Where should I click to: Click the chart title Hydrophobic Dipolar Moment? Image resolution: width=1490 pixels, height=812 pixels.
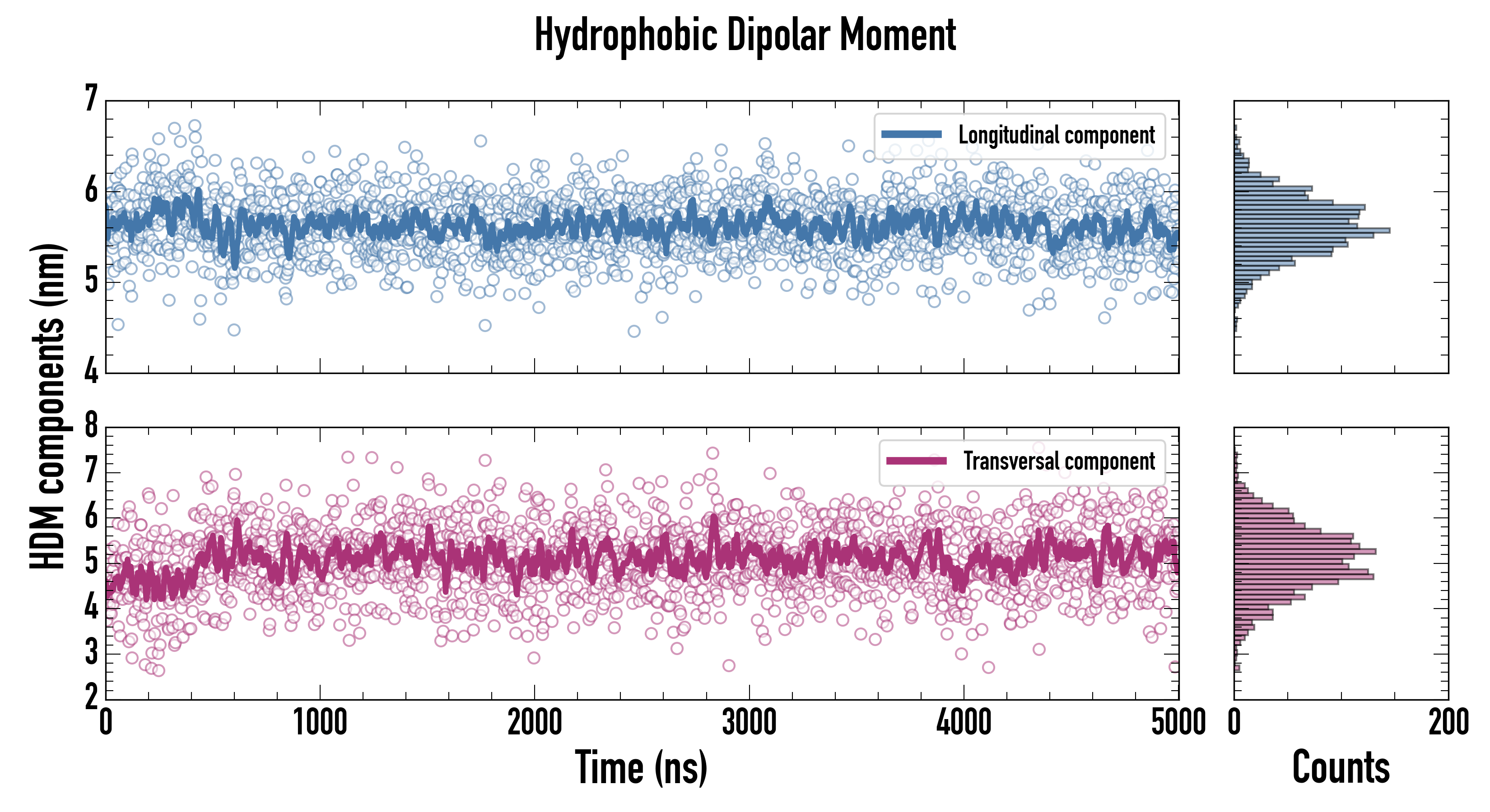(745, 35)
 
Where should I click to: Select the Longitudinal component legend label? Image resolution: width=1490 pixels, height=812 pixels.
(1056, 135)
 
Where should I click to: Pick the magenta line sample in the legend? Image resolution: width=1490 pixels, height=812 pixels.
(916, 461)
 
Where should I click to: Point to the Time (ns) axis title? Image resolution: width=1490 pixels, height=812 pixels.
(641, 767)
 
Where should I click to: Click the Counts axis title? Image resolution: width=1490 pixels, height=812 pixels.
(1341, 767)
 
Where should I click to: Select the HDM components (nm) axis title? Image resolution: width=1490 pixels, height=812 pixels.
(47, 405)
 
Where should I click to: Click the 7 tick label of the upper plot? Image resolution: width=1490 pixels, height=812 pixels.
(91, 98)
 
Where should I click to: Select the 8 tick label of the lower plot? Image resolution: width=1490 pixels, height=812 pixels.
(91, 425)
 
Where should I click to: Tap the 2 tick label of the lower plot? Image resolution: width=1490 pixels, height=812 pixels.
(91, 697)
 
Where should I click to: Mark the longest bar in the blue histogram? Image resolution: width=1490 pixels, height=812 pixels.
(1312, 231)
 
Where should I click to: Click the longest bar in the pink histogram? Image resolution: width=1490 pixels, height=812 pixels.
(1305, 551)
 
